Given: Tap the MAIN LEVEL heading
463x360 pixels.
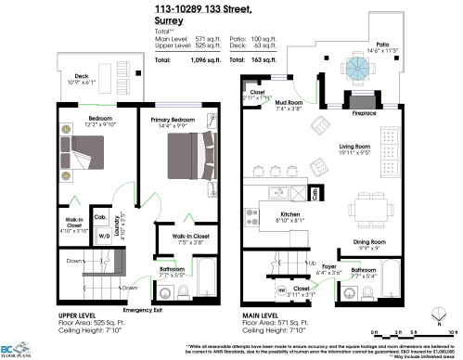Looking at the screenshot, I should pos(261,315).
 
